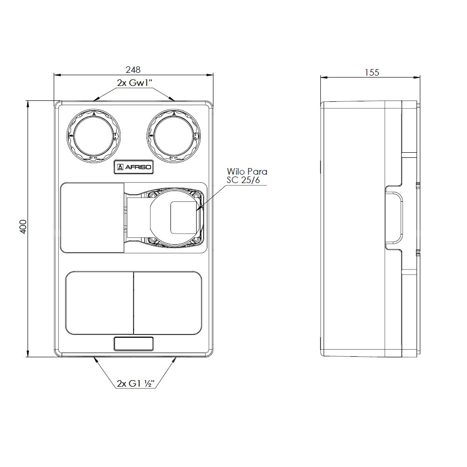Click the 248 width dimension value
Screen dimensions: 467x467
coord(133,70)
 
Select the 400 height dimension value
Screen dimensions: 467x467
coord(23,226)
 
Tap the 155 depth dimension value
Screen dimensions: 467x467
coord(372,72)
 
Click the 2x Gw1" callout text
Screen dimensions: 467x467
coord(134,83)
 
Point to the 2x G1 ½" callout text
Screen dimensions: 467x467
coord(135,383)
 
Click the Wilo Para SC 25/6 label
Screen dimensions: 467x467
coord(247,176)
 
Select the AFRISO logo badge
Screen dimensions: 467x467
coord(134,167)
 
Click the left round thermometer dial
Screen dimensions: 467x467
coord(93,136)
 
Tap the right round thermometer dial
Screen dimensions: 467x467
coord(174,136)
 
